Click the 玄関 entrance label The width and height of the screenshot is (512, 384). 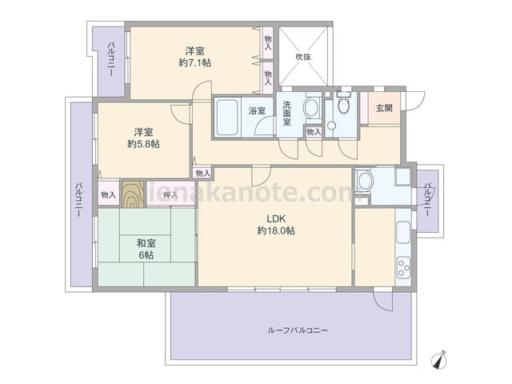click(384, 108)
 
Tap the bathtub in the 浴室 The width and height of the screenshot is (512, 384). click(227, 118)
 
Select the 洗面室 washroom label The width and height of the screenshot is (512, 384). click(287, 114)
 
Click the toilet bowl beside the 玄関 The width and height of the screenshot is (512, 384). click(343, 103)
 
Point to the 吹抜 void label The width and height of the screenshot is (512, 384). click(303, 57)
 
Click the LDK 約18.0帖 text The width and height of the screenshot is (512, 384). click(276, 225)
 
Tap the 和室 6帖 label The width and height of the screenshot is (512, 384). click(146, 249)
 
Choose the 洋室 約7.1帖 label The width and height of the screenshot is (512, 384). click(195, 57)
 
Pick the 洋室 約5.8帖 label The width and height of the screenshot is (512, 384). click(144, 138)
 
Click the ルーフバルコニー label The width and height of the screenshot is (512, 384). click(298, 330)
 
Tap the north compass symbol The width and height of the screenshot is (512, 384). click(438, 360)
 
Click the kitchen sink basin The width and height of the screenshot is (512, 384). click(403, 232)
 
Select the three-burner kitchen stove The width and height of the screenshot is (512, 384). click(403, 267)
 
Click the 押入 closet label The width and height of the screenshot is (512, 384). click(170, 195)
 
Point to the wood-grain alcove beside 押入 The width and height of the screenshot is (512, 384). click(133, 194)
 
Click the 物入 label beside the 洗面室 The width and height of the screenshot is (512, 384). click(314, 132)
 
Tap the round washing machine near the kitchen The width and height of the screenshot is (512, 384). click(366, 182)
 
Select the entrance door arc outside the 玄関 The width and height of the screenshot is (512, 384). click(414, 102)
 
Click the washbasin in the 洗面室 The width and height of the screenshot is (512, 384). click(312, 106)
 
